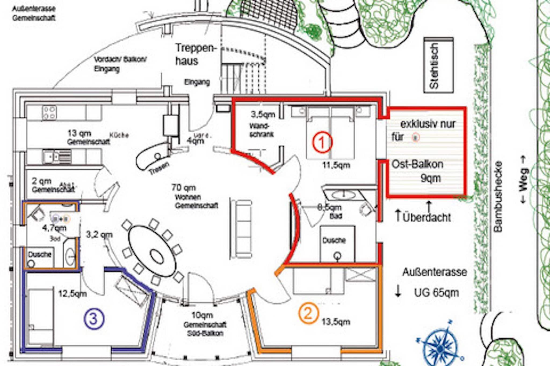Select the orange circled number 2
[308, 313]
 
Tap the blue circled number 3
[93, 319]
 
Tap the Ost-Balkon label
[417, 164]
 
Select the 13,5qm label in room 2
[336, 322]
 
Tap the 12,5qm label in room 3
[73, 294]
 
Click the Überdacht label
[426, 217]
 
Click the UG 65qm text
[436, 293]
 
